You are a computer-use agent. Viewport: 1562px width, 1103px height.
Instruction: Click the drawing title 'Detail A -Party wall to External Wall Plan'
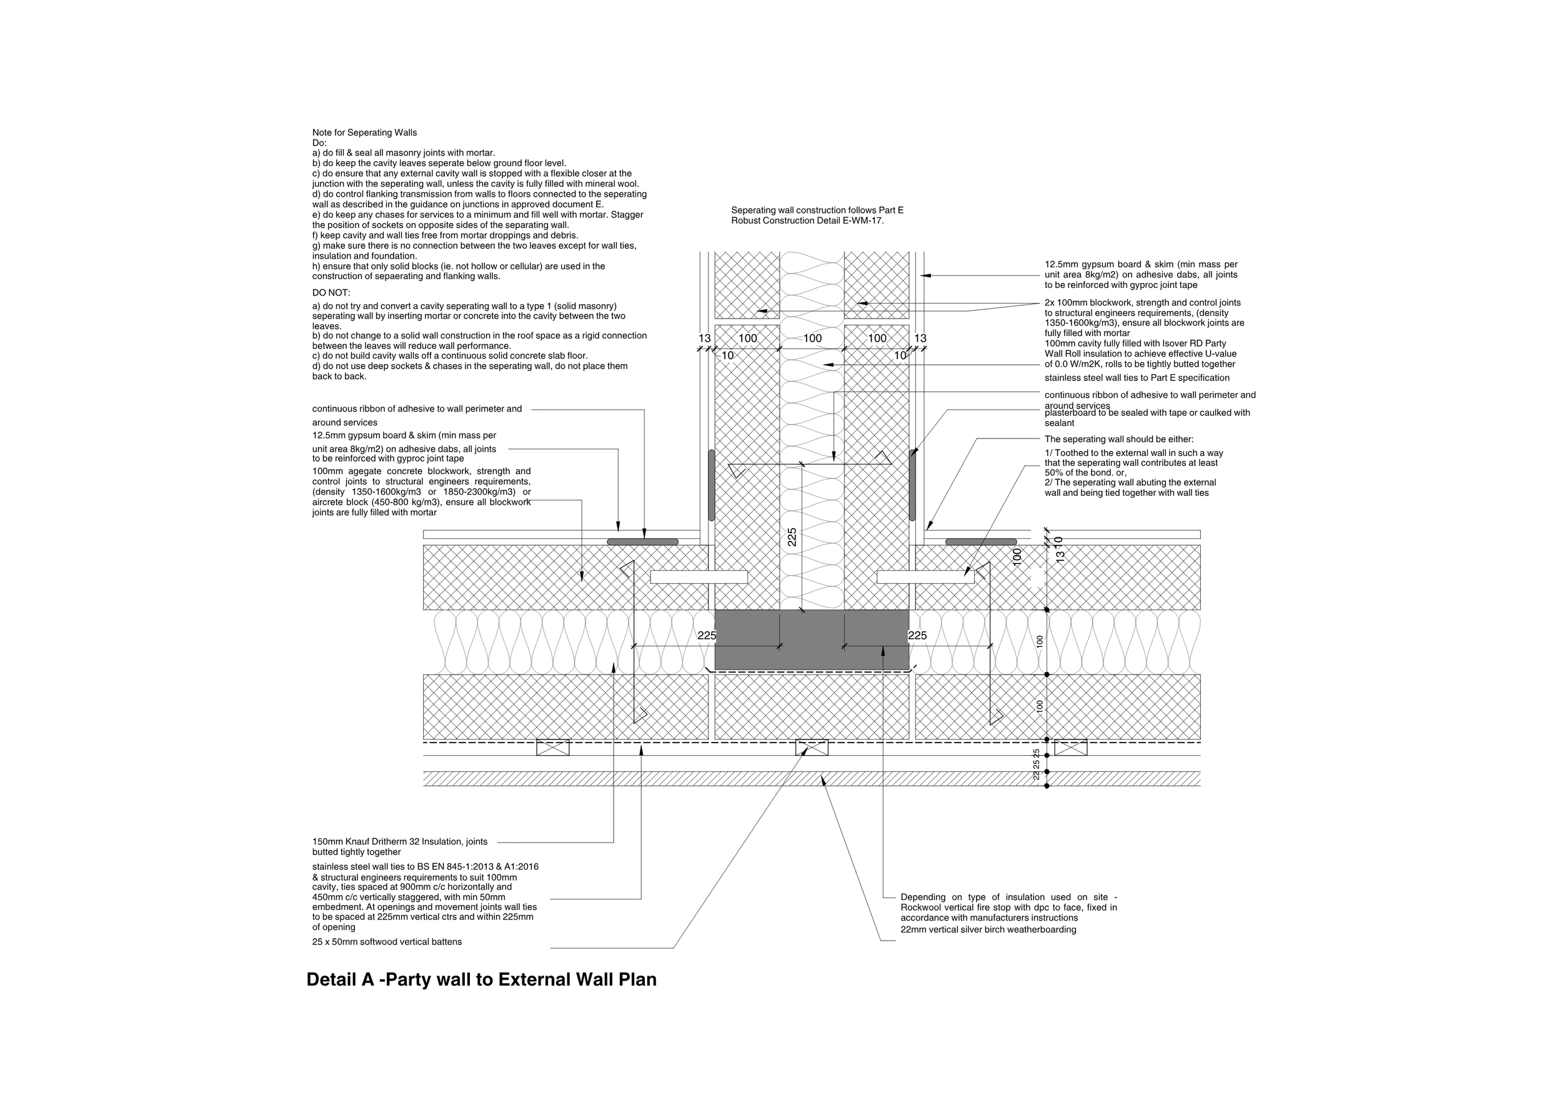coord(481,980)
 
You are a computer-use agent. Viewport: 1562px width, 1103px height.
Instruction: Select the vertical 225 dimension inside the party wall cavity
coord(792,537)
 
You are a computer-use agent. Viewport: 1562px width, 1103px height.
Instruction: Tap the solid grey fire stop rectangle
coord(811,639)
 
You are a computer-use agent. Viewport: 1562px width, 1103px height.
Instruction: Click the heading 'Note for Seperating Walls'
coord(364,132)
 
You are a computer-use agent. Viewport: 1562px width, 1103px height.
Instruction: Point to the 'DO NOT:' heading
coord(331,292)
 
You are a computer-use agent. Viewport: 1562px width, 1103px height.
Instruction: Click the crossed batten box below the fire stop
coord(812,748)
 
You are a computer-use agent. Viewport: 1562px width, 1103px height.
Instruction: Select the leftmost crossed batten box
coord(552,748)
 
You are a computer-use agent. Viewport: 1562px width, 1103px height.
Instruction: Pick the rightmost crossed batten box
coord(1070,748)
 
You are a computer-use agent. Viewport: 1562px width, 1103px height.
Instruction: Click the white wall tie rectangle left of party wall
coord(699,576)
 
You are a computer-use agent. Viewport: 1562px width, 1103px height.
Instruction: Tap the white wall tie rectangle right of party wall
coord(925,576)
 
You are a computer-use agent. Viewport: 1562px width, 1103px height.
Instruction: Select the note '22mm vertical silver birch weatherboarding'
coord(988,929)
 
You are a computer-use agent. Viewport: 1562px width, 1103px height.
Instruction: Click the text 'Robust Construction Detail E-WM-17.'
coord(807,221)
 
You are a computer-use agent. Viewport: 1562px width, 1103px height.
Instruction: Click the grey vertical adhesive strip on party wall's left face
coord(711,485)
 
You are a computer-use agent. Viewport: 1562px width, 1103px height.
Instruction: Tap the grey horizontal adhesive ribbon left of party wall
coord(642,542)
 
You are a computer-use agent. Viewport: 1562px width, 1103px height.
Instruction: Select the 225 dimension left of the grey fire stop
coord(707,636)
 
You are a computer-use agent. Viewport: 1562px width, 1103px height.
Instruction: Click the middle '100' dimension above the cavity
coord(812,338)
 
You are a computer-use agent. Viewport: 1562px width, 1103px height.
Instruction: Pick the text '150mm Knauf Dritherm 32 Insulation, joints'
coord(399,841)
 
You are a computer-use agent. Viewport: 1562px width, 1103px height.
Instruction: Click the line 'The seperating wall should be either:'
coord(1118,439)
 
